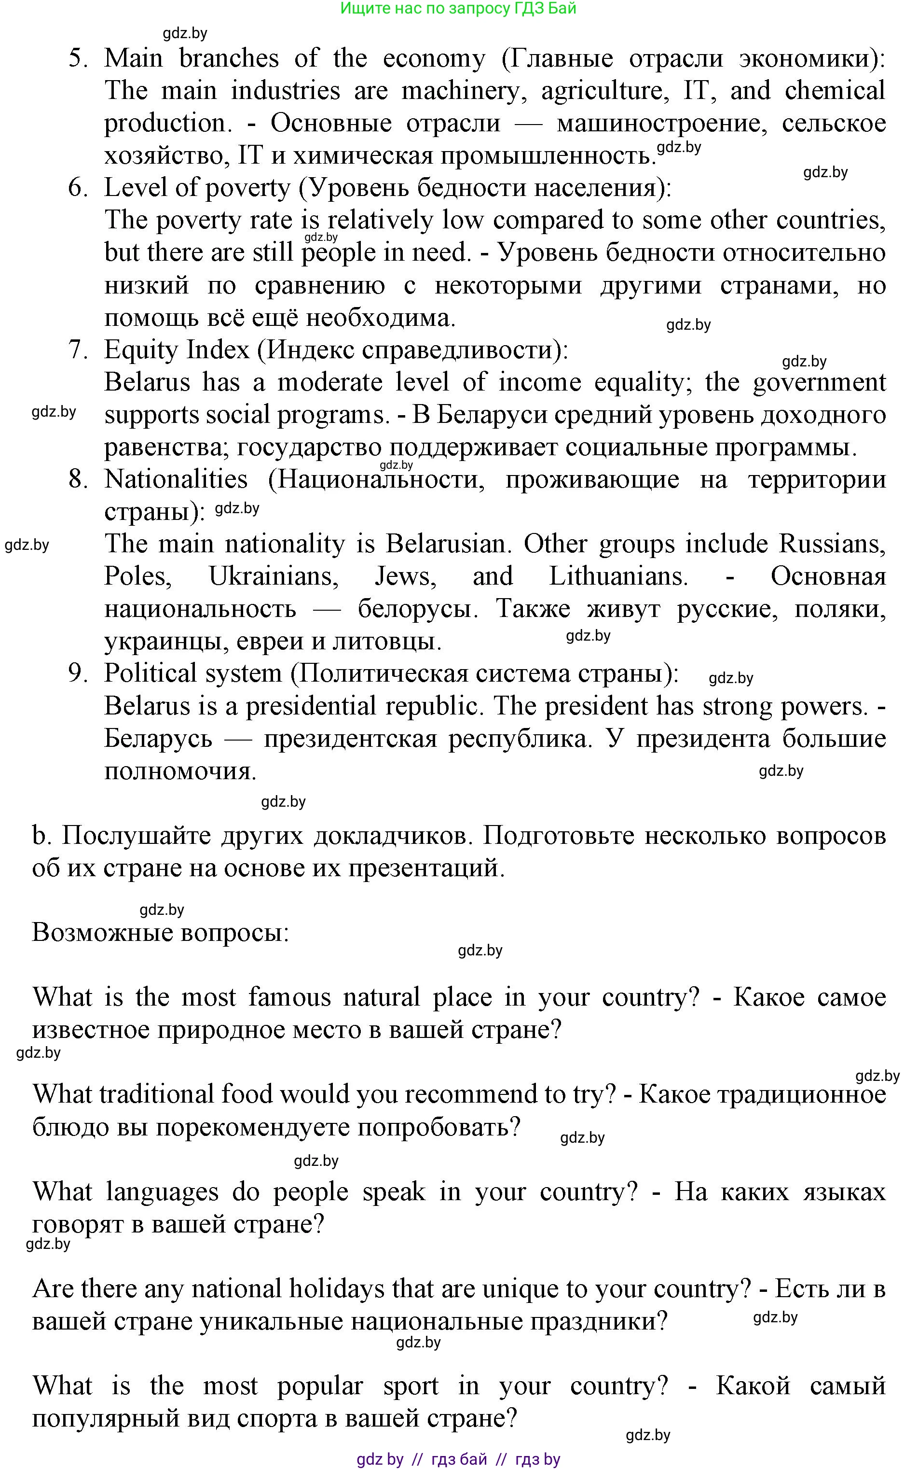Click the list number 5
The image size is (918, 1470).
[78, 59]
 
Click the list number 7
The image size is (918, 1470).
[78, 350]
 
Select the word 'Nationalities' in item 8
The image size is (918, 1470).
[176, 480]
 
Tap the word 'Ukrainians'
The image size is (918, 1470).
[273, 576]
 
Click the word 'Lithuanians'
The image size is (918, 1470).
[618, 576]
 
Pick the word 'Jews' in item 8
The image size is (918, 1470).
[405, 576]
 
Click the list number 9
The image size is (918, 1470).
[78, 673]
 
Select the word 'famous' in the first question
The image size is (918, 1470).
[289, 997]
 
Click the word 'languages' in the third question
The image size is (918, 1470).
[162, 1192]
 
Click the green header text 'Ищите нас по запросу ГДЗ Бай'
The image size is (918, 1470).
[458, 9]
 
